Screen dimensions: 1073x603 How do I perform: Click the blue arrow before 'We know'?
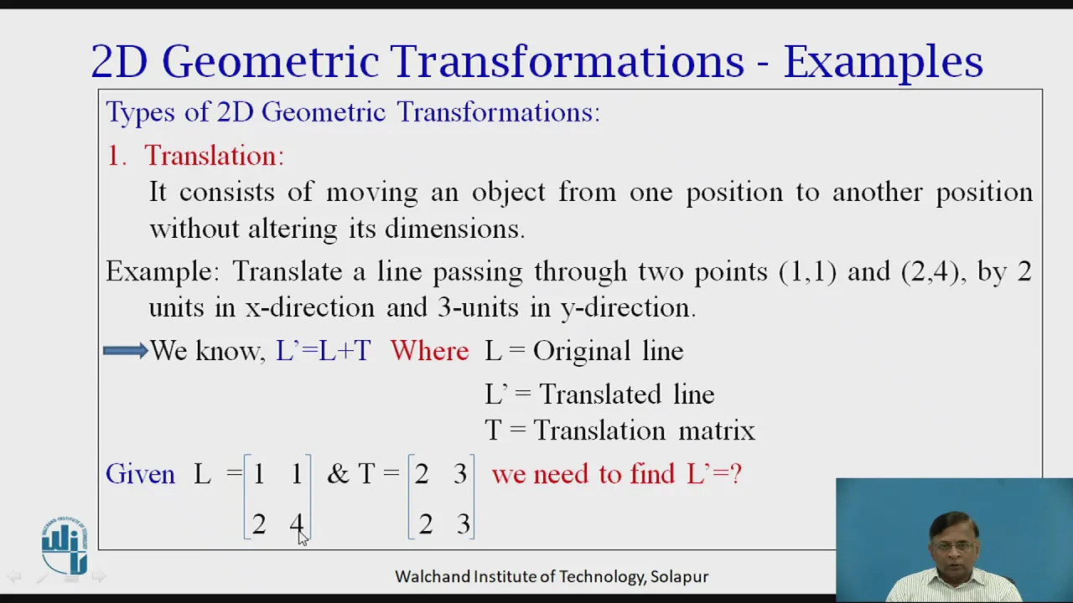(x=126, y=351)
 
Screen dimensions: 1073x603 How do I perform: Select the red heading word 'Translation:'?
(x=214, y=156)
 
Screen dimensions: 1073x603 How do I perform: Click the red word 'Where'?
(x=430, y=350)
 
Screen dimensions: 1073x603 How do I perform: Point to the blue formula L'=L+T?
(x=324, y=350)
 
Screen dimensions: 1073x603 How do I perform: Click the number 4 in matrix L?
(x=297, y=523)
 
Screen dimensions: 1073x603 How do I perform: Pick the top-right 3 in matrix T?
(x=460, y=474)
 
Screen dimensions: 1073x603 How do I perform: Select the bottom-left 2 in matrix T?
(x=425, y=523)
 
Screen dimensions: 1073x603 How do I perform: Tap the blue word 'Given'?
(x=140, y=474)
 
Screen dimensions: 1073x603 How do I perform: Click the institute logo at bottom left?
(x=65, y=545)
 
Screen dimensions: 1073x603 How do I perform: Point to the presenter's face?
(x=952, y=547)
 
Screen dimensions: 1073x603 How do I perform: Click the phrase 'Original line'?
(x=608, y=350)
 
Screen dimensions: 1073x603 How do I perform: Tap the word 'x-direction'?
(x=310, y=307)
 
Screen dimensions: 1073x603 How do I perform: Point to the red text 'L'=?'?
(x=714, y=474)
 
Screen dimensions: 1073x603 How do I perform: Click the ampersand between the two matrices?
(x=338, y=474)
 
